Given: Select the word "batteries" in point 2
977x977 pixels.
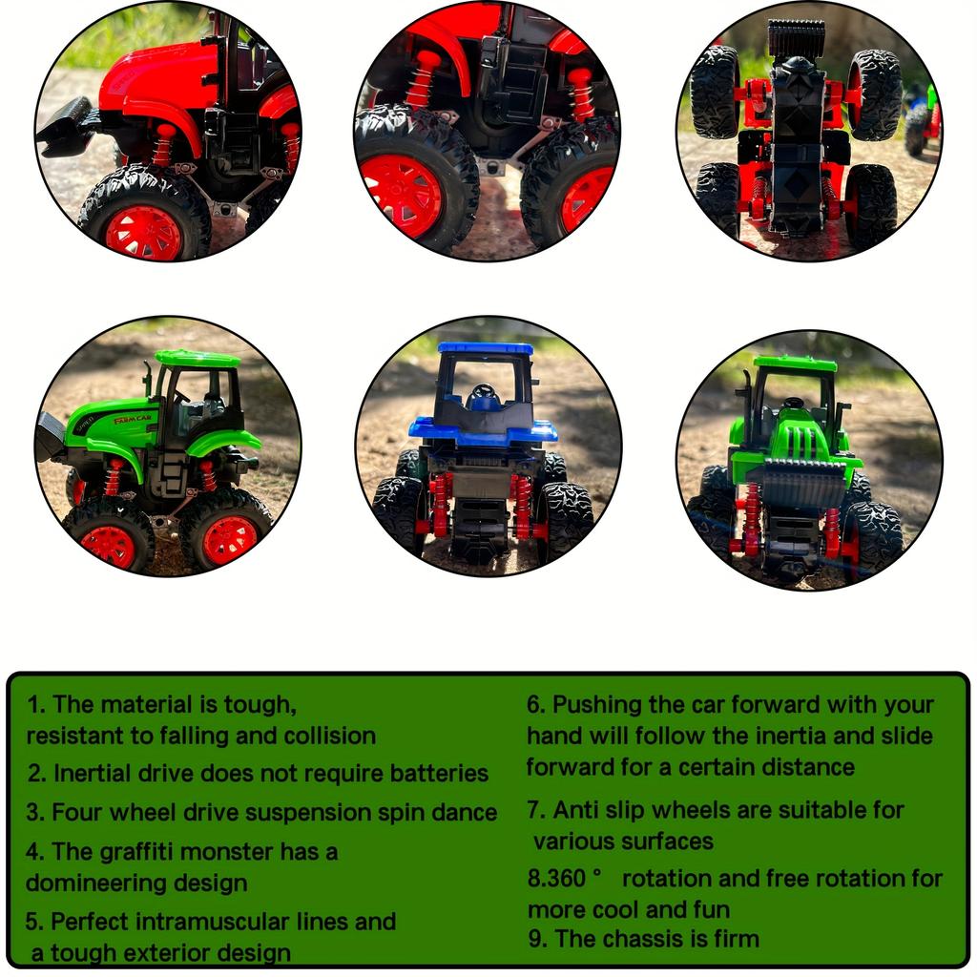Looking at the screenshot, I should click(x=438, y=773).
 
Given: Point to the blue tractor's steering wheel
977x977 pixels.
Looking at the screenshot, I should click(x=484, y=391).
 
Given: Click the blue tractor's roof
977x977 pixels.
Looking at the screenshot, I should click(x=486, y=349).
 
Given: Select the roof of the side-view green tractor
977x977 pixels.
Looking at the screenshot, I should click(x=197, y=359).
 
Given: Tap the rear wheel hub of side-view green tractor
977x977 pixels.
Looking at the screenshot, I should click(x=229, y=540).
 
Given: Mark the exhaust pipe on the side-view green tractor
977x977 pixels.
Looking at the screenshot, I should click(x=148, y=378).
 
